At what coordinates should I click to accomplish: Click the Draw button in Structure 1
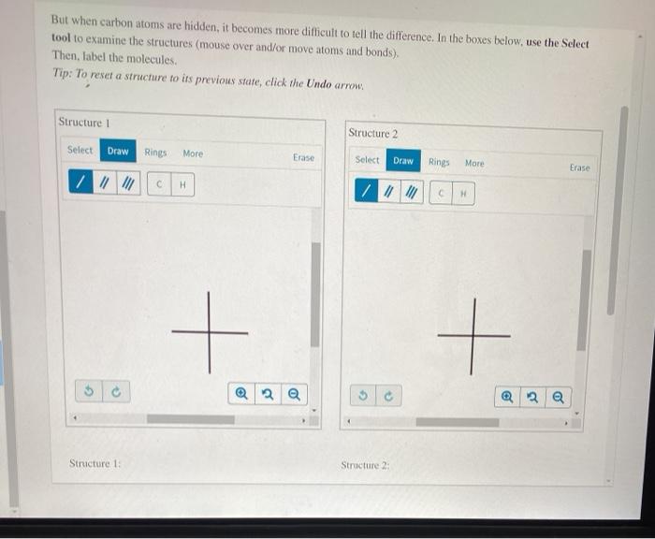click(118, 152)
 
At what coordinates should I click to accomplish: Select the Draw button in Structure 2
click(403, 161)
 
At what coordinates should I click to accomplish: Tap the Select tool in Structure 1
click(80, 151)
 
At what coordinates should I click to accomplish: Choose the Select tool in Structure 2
click(368, 160)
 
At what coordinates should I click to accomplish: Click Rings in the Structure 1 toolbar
click(155, 153)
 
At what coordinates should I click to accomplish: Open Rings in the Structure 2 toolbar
click(439, 162)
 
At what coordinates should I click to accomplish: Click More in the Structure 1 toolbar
click(193, 153)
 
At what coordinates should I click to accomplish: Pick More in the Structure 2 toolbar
click(474, 163)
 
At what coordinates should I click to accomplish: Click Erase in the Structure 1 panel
click(303, 158)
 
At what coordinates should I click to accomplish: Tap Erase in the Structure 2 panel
click(580, 168)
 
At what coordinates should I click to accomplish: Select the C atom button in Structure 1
click(160, 184)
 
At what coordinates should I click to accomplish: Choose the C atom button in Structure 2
click(442, 194)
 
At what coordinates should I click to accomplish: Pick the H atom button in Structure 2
click(463, 194)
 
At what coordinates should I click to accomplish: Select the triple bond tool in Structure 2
click(410, 193)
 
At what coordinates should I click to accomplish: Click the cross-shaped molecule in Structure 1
click(210, 332)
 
